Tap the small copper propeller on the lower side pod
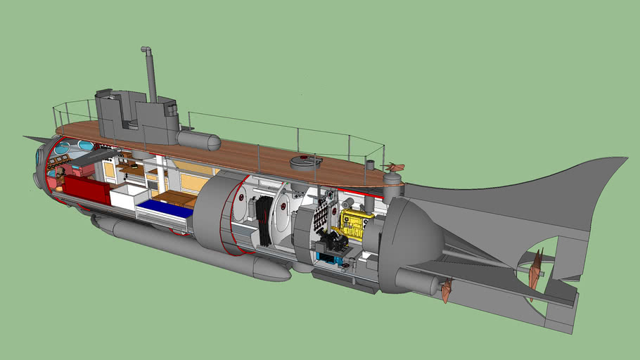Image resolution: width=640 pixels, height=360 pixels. tap(446, 290)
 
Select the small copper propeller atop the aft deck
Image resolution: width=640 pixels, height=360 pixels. tap(395, 167)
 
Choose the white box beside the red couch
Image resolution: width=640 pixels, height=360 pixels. tap(127, 196)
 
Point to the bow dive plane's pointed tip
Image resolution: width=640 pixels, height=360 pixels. tap(26, 137)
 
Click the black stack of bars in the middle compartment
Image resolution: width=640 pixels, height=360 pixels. tap(264, 219)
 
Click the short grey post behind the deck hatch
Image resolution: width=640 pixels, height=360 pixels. tap(370, 166)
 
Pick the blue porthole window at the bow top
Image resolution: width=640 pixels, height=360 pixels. tap(63, 148)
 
